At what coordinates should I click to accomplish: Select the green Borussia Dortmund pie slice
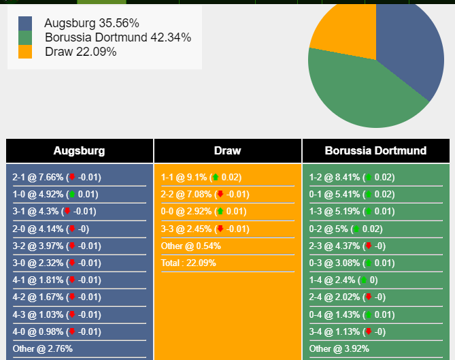click(x=360, y=92)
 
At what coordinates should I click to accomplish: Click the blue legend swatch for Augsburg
click(x=25, y=23)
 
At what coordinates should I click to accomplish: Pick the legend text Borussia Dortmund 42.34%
click(x=118, y=37)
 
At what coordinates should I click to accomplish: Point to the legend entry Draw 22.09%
click(x=80, y=52)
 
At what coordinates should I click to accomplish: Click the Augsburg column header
click(x=80, y=151)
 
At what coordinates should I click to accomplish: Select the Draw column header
click(x=227, y=151)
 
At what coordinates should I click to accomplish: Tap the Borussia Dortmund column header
click(x=375, y=151)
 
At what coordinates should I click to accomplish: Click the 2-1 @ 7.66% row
click(x=56, y=177)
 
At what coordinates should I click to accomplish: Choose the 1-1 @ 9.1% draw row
click(x=201, y=177)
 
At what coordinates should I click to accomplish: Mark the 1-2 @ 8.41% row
click(x=352, y=177)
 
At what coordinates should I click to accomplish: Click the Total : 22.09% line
click(x=188, y=263)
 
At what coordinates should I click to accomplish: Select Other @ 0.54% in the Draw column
click(x=191, y=246)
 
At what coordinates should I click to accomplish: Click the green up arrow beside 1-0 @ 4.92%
click(x=71, y=195)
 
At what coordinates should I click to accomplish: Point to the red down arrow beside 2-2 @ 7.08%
click(x=220, y=195)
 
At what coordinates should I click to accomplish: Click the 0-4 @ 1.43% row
click(x=352, y=314)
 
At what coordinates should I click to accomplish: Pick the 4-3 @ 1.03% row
click(x=56, y=314)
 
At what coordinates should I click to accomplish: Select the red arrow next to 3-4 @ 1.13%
click(x=369, y=331)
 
